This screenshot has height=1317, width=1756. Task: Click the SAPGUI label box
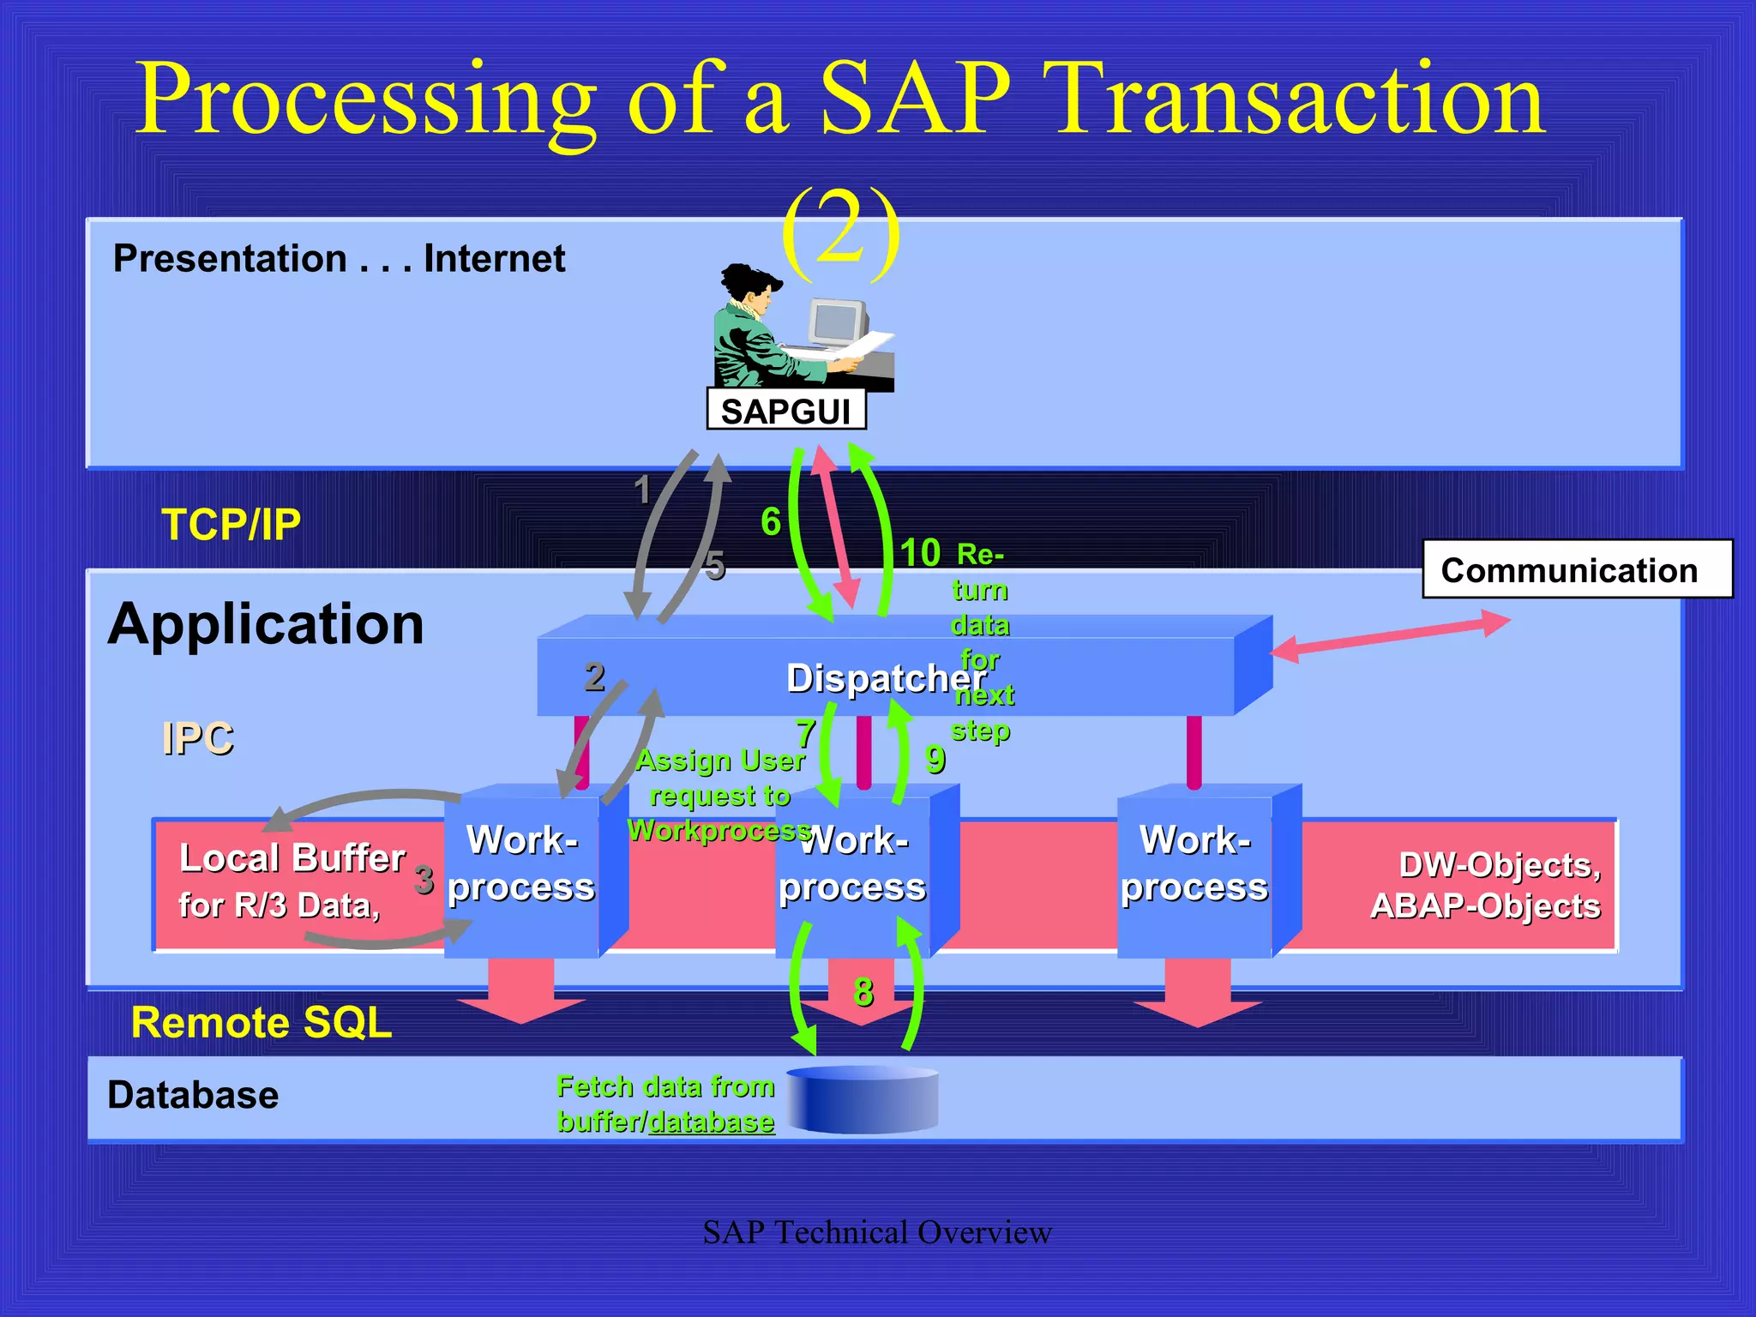785,410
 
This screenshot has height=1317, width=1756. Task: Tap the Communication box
1576,569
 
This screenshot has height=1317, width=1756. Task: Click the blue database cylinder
863,1100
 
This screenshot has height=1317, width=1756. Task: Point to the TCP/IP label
232,524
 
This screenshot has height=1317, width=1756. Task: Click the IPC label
197,738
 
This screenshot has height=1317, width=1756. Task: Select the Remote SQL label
262,1022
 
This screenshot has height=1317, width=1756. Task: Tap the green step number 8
863,992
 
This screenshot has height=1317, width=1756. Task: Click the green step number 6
771,521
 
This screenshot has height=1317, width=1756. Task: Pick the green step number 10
920,553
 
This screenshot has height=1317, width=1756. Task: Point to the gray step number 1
642,490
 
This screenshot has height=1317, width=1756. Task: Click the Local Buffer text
292,858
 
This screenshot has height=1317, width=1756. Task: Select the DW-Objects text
1499,865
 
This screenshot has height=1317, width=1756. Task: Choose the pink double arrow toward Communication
1389,635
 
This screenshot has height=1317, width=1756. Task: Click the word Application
266,623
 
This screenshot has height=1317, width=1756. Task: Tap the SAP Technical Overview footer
876,1232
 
